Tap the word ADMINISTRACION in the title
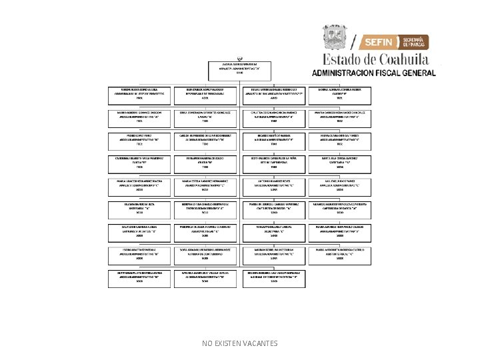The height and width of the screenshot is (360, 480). tap(339, 73)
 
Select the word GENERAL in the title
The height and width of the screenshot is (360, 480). tap(419, 73)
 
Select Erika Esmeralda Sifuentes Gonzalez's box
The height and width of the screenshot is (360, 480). tap(205, 117)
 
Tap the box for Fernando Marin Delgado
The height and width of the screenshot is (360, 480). tap(205, 162)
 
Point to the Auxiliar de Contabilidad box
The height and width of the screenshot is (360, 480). tap(205, 253)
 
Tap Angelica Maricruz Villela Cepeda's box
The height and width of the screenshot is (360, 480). tap(205, 277)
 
